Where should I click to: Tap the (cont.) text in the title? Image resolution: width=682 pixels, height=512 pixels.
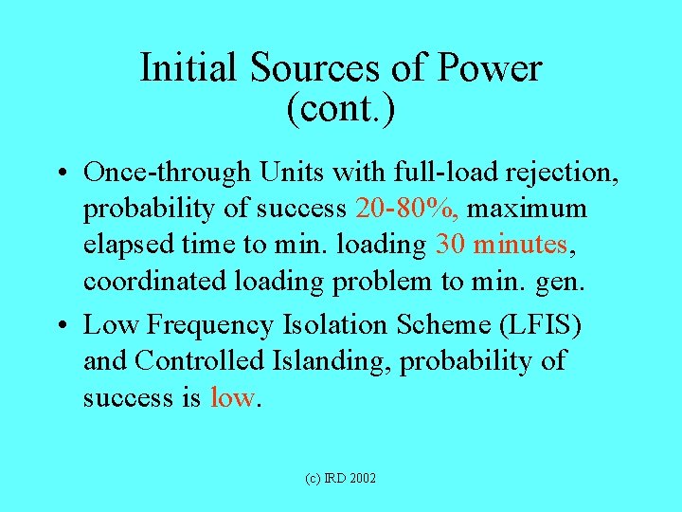coord(340,108)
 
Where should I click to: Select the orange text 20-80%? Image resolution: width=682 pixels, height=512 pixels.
coord(407,208)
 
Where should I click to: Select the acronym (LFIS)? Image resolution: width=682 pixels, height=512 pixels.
coord(539,325)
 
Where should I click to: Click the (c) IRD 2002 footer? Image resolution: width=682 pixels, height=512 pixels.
coord(340,479)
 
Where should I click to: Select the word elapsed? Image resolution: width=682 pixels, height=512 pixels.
coord(128,245)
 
